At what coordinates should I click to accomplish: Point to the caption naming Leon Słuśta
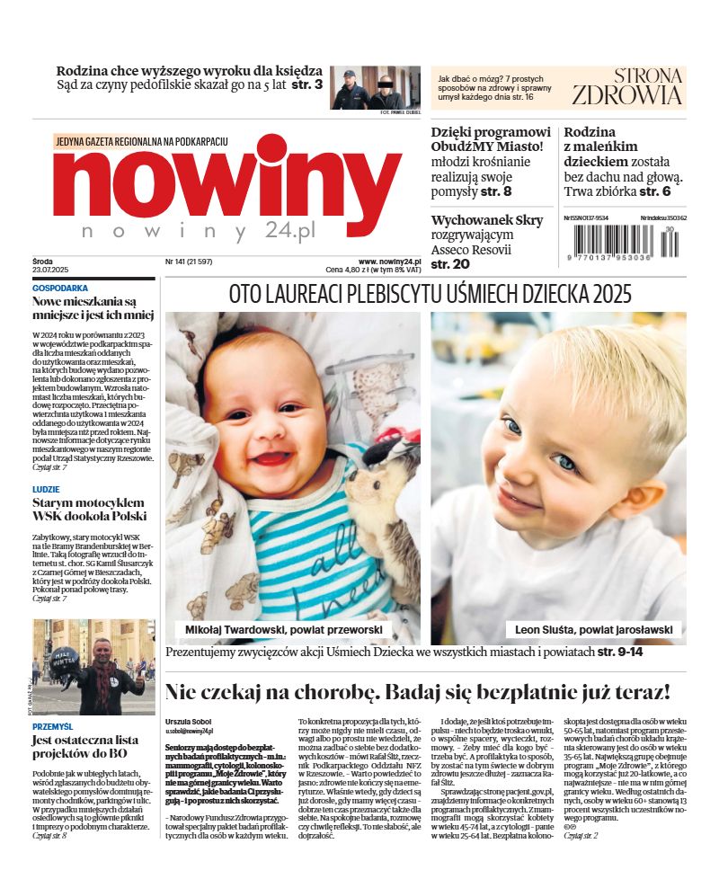coord(589,630)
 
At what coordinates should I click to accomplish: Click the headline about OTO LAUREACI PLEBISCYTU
coord(430,294)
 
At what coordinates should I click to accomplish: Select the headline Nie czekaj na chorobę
coord(417,692)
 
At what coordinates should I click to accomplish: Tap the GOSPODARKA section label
coord(60,289)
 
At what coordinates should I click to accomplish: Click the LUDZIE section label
coord(47,490)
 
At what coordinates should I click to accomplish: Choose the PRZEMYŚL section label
coord(53,725)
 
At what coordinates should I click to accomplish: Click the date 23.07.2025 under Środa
coord(50,270)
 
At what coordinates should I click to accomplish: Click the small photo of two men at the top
coord(375,87)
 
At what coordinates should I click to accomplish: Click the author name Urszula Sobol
coord(190,722)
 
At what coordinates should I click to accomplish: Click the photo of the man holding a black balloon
coord(93,666)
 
